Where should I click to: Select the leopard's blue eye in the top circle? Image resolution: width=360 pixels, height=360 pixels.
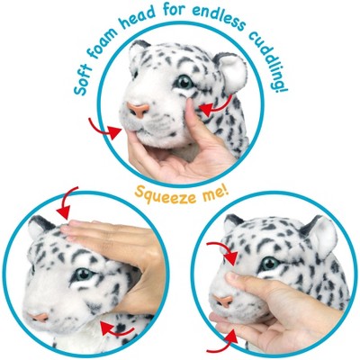coord(184,83)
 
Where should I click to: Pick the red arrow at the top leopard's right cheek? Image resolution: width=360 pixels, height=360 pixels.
coord(216,108)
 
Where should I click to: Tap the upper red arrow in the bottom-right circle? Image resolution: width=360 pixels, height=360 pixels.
coord(226,252)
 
